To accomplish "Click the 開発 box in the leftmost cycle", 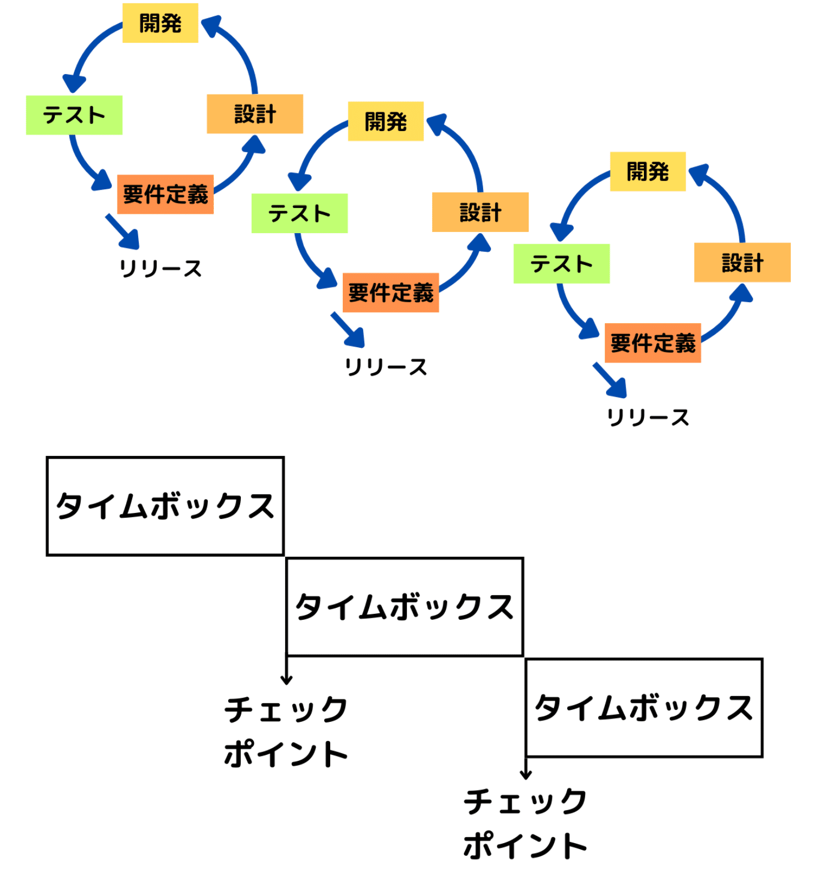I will point(160,23).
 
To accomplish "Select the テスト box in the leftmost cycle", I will point(74,115).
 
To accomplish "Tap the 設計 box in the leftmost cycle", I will point(254,114).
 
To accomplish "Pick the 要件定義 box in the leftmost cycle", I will point(165,194).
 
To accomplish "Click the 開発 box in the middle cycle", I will point(386,121).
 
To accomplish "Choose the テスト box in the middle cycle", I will point(299,213).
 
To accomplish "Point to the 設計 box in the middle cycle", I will point(480,212).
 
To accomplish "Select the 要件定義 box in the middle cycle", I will point(390,292).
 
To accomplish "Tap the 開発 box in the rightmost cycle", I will point(648,172).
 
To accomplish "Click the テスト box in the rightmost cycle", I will point(561,264).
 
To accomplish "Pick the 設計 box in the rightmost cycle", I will point(742,263).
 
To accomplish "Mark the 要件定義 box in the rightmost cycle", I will point(653,343).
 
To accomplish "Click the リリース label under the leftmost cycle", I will point(161,269).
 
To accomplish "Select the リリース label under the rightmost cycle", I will point(648,417).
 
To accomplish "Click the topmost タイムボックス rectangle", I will point(165,506).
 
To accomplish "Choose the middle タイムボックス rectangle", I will point(405,607).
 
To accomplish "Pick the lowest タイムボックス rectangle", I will point(644,708).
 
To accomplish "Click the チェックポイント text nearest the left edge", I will point(286,731).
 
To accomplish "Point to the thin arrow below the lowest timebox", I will point(526,768).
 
